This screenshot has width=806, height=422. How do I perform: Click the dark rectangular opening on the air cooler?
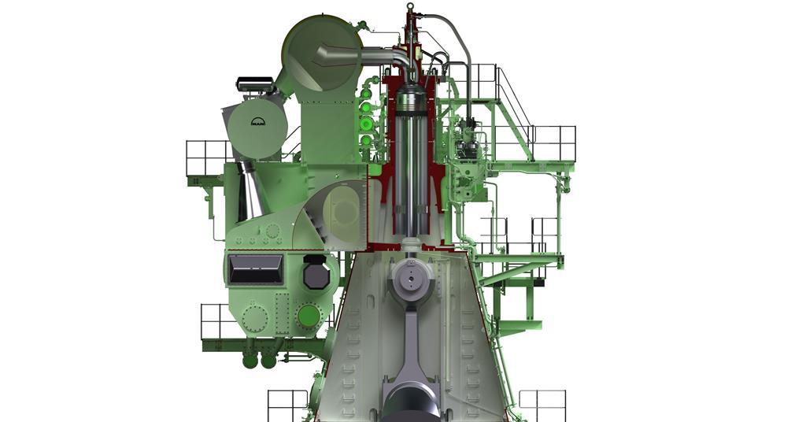(255, 269)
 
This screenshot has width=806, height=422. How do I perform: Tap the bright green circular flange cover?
(309, 316)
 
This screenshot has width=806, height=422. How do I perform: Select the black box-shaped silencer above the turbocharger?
(254, 82)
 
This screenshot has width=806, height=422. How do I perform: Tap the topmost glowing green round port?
(366, 94)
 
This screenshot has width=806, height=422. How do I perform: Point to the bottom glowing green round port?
(366, 141)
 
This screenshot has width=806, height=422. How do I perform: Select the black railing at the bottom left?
(287, 405)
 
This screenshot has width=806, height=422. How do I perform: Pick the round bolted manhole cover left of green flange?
(255, 319)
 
